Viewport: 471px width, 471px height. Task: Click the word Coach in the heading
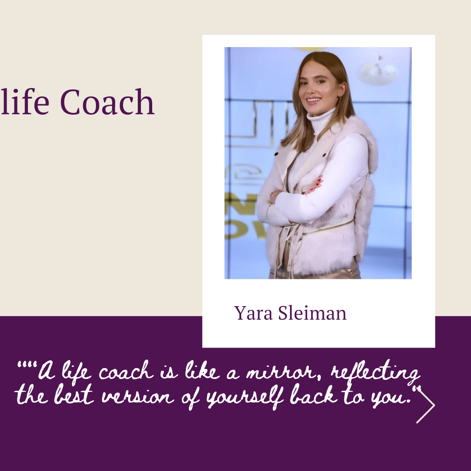pos(107,102)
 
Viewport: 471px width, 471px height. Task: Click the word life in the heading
pos(24,101)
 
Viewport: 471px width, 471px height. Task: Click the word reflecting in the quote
pos(375,372)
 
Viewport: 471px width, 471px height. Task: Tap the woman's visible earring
pos(339,99)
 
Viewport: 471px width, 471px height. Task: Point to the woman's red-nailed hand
pos(314,185)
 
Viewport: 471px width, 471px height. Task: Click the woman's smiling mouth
pos(313,100)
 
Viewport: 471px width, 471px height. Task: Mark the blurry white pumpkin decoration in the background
pos(377,71)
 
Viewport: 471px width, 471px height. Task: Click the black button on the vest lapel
pos(324,155)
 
